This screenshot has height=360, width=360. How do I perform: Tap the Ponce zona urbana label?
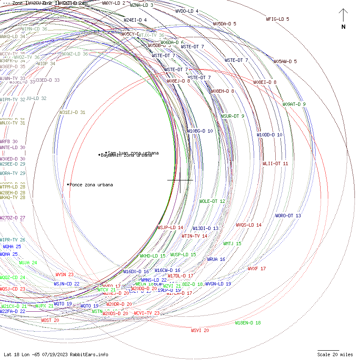[x=91, y=185]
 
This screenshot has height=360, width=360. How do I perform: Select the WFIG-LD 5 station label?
[x=277, y=19]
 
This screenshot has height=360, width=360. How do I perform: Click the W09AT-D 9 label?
[x=294, y=104]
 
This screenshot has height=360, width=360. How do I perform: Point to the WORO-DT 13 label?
[x=288, y=216]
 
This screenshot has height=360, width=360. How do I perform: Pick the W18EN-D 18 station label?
[x=248, y=323]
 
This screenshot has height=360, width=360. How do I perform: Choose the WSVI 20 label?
[x=200, y=330]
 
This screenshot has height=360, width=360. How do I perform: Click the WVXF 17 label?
[x=257, y=269]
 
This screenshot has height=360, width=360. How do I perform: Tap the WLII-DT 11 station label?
[x=275, y=163]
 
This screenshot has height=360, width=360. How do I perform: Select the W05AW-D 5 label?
[x=285, y=61]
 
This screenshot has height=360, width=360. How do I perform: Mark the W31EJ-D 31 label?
[x=72, y=112]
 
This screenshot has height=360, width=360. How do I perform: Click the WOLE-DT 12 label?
[x=212, y=201]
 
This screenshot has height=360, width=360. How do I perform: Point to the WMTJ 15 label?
[x=232, y=244]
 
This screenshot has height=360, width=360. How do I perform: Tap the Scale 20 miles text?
[x=335, y=354]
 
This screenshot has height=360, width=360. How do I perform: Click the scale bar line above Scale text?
[x=328, y=350]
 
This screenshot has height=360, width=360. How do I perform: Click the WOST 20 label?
[x=50, y=320]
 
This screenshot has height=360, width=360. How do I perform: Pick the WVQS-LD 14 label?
[x=249, y=225]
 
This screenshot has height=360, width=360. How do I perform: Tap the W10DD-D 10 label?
[x=269, y=135]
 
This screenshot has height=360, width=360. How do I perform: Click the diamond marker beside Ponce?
[x=68, y=185]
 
